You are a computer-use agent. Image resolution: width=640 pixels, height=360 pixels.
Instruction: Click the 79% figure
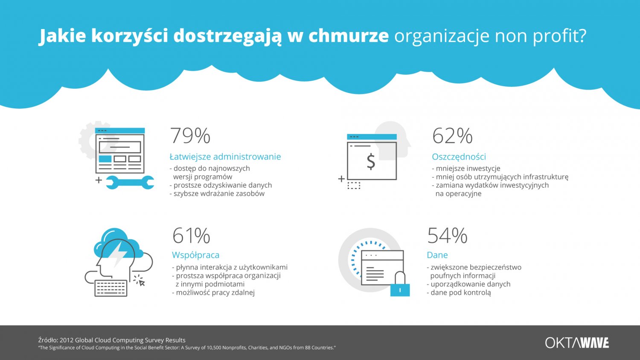click(x=190, y=136)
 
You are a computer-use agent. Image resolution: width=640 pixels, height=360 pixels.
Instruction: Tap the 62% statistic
click(x=452, y=136)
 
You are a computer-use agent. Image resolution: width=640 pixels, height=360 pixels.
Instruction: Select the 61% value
click(x=191, y=235)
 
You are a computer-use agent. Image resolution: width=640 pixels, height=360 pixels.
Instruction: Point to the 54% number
click(x=447, y=235)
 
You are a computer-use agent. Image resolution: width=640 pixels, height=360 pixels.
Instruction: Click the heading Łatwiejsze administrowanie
click(x=225, y=157)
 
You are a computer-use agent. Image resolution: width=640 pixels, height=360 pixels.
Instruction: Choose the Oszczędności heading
click(x=459, y=157)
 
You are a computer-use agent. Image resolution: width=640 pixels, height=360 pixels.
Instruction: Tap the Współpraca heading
click(x=195, y=255)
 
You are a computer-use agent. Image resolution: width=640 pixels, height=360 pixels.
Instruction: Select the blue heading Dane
click(x=437, y=255)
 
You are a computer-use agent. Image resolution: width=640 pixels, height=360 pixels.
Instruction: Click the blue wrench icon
click(x=130, y=182)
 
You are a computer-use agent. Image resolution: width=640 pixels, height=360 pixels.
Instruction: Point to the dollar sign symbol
click(x=371, y=161)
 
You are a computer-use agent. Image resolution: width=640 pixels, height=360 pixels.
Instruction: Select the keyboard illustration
click(x=111, y=288)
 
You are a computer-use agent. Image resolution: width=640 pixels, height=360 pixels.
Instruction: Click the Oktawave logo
click(x=577, y=343)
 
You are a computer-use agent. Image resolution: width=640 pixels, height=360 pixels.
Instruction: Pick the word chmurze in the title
click(x=348, y=36)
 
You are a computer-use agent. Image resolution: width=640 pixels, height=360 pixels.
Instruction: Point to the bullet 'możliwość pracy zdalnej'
click(x=215, y=293)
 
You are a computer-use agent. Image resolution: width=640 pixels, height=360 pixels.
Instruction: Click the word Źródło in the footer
click(x=47, y=340)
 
